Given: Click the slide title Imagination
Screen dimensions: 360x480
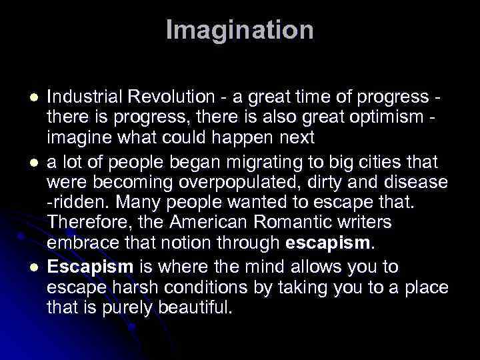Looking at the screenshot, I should pyautogui.click(x=239, y=29).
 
